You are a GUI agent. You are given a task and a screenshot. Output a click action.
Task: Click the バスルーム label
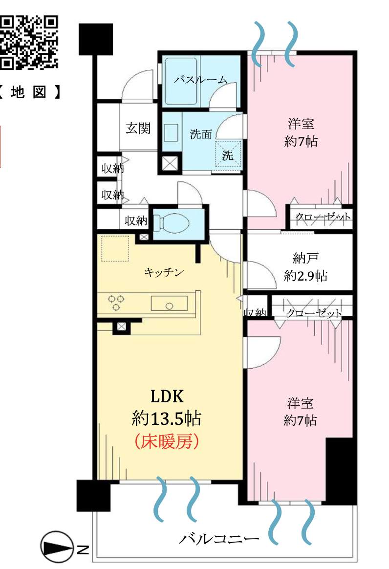[x=200, y=80]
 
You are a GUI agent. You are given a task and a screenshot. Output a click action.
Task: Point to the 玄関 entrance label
[x=138, y=128]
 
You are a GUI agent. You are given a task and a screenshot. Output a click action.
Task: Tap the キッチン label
[x=164, y=272]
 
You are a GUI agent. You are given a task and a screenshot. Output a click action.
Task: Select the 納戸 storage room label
[x=300, y=258]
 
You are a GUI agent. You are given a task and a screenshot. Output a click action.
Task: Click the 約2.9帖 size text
[x=305, y=276]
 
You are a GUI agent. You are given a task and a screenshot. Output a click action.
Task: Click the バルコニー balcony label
[x=218, y=540]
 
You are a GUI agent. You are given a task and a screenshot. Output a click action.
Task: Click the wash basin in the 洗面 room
[x=172, y=132]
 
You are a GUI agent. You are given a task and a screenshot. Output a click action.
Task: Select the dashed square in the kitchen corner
[x=115, y=249]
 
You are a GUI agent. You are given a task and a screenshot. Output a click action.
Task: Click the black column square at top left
[x=96, y=38]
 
